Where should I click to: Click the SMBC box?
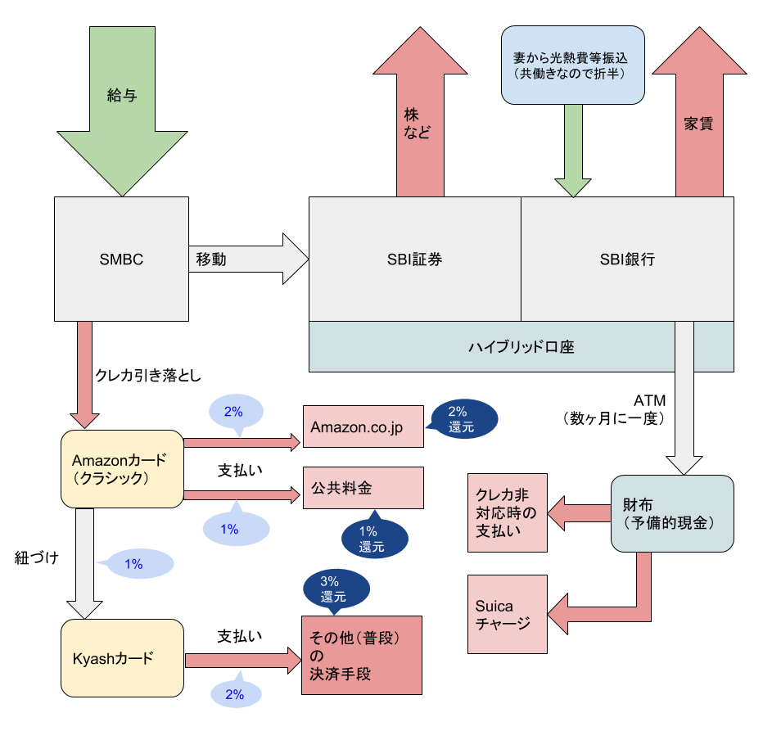point(120,259)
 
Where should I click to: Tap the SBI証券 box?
point(414,259)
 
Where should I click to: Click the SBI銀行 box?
point(627,259)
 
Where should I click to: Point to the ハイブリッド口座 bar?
point(521,346)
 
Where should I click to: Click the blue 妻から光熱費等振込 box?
point(572,65)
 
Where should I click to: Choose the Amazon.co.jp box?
point(363,426)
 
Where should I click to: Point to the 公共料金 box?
point(363,488)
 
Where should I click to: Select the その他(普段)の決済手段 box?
point(362,655)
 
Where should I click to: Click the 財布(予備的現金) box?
point(671,513)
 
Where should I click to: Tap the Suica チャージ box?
point(508,614)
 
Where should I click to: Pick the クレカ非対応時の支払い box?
point(508,513)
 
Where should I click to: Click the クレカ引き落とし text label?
point(147,375)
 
